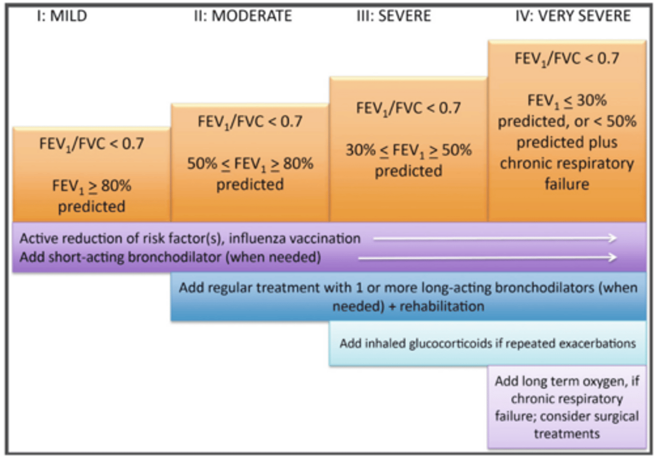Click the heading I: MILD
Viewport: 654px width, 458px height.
(x=62, y=16)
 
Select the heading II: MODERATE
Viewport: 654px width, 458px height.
(x=243, y=16)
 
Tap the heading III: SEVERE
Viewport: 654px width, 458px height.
(x=394, y=16)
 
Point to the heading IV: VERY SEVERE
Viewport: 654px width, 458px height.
(x=573, y=16)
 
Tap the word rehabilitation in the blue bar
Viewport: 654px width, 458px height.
(x=441, y=306)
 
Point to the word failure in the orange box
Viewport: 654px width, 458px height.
(x=567, y=184)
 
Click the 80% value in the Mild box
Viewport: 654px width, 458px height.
(x=116, y=185)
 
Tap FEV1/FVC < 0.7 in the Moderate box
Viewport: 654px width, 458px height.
(x=250, y=122)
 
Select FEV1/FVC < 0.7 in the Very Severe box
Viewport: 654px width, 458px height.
(x=566, y=59)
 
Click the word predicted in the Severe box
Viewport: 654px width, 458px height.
(x=408, y=171)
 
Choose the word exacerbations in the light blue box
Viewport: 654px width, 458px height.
(x=597, y=343)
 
